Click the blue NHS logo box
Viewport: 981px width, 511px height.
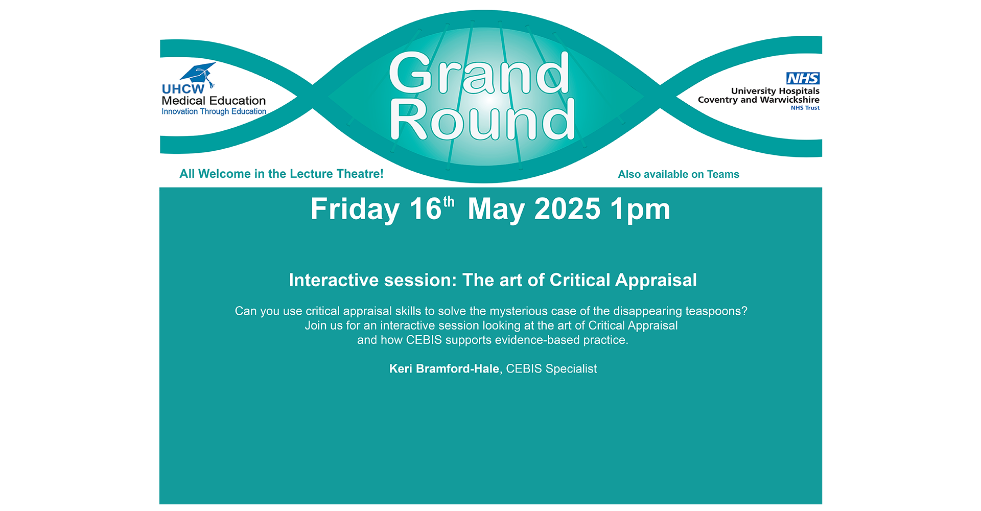pos(803,78)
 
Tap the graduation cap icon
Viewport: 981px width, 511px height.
pos(199,74)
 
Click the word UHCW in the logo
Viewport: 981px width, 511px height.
pos(183,89)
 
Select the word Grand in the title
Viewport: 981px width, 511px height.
pos(479,73)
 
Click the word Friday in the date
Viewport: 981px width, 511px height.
pos(355,210)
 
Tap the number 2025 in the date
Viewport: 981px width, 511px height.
pos(567,209)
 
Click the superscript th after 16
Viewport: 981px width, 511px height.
pos(449,202)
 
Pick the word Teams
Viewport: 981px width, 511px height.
pos(723,174)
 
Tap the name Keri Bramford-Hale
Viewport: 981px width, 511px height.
pos(444,369)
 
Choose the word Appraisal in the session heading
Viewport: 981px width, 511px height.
pos(656,281)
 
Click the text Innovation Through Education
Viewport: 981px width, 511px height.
pos(214,111)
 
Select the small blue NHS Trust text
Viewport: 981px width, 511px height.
pos(805,108)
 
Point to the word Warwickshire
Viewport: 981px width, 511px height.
pos(790,100)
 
